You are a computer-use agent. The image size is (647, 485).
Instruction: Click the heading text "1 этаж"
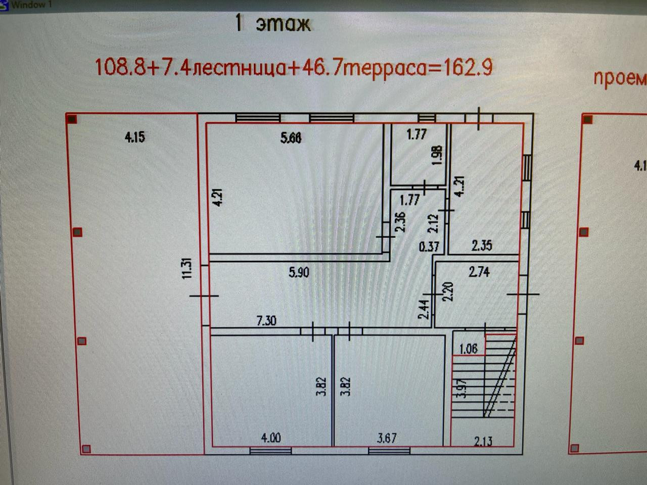tap(273, 24)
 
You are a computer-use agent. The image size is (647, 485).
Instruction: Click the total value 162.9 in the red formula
tap(468, 67)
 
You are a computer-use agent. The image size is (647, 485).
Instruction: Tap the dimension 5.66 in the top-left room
tap(291, 137)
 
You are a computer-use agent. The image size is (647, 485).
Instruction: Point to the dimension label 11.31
tap(187, 268)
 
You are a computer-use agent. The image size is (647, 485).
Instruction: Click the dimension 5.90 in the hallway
tap(299, 273)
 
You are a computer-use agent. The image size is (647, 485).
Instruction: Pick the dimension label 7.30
tap(266, 320)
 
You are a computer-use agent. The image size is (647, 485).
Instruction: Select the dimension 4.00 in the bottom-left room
tap(271, 438)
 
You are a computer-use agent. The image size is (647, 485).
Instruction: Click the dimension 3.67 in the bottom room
tap(387, 438)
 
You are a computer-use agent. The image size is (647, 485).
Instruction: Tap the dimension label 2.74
tap(479, 272)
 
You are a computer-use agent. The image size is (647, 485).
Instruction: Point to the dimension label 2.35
tap(482, 246)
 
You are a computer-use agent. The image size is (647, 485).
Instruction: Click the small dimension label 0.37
tap(429, 247)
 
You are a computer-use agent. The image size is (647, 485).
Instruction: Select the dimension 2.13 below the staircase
tap(483, 441)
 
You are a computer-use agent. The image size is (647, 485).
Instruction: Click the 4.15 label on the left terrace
tap(134, 137)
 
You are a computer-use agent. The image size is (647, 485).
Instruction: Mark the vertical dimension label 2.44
tap(424, 309)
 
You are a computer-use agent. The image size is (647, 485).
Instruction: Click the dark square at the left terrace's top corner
tap(72, 119)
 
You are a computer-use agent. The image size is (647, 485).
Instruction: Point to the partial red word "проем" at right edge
tap(619, 79)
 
